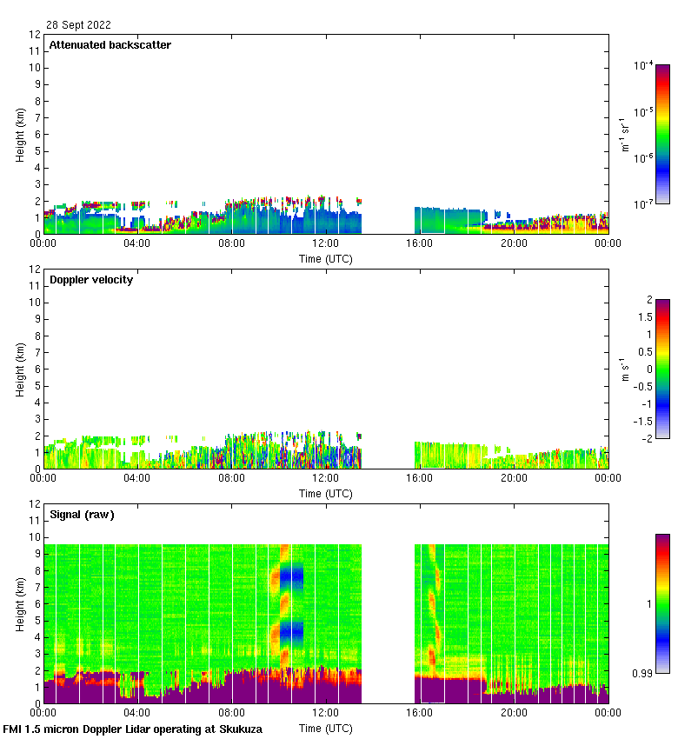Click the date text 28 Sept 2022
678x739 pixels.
point(78,25)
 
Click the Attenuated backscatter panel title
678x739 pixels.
point(110,45)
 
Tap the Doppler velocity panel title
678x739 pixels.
point(91,280)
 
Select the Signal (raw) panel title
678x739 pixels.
point(82,515)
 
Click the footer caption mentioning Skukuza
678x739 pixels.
point(133,729)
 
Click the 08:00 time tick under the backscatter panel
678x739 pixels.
point(231,243)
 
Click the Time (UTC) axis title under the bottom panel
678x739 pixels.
point(326,728)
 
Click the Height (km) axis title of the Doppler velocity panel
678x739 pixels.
point(20,369)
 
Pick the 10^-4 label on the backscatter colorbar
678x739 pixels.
point(644,66)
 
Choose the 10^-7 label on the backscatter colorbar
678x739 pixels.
point(644,203)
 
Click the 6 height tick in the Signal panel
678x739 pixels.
point(37,604)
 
